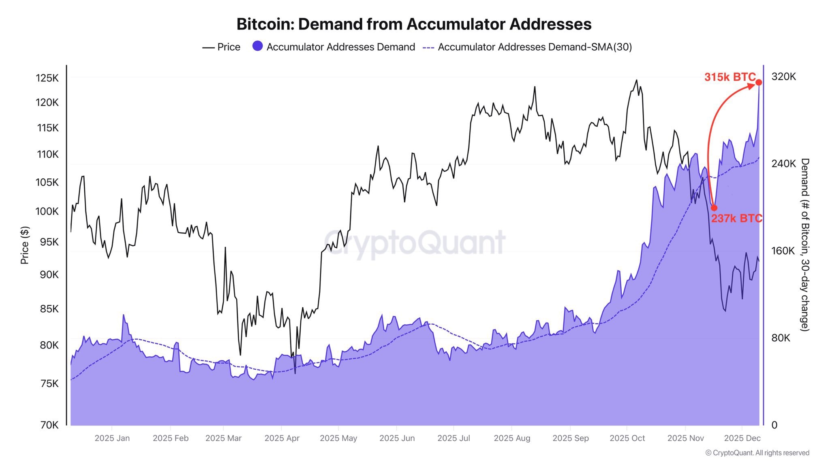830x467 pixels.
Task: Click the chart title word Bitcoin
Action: (265, 24)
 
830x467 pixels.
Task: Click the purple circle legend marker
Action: (257, 46)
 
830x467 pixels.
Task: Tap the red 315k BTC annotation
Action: (729, 77)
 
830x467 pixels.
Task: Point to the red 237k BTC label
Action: (736, 219)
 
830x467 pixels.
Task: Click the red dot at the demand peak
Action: (759, 82)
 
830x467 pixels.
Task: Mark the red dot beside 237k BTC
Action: (714, 208)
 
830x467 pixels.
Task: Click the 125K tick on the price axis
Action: (47, 78)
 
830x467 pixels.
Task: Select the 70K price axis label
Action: (49, 425)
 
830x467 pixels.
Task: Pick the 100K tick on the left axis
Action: (47, 211)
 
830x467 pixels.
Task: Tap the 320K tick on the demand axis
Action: (783, 77)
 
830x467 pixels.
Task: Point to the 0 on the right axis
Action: (774, 425)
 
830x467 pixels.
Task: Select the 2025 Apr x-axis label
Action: (282, 438)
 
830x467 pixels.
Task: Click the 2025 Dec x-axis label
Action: (742, 438)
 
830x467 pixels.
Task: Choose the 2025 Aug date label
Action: (512, 438)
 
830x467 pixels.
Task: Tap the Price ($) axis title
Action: (25, 245)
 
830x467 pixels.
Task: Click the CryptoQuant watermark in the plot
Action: (415, 242)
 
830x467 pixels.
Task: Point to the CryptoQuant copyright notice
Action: (757, 453)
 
